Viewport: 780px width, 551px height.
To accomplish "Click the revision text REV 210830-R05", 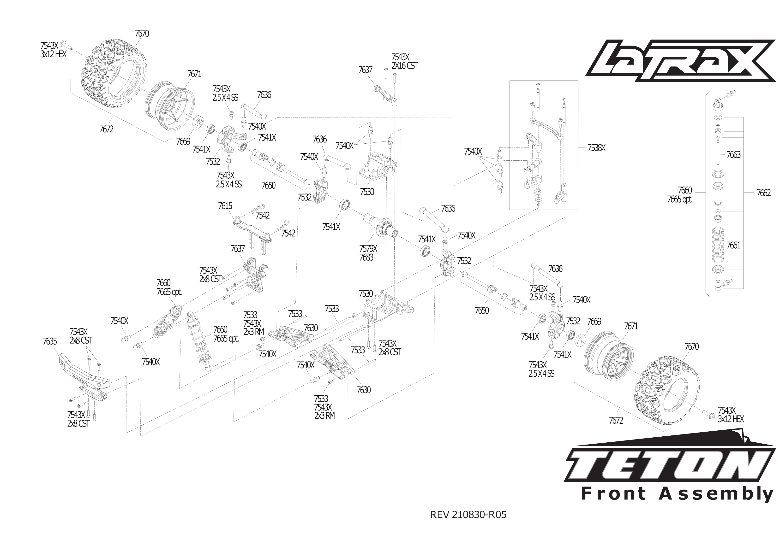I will point(468,515).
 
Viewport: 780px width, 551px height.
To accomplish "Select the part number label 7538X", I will point(596,148).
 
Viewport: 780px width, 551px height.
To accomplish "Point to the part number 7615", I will point(225,206).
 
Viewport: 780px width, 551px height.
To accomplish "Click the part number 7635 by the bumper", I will point(50,341).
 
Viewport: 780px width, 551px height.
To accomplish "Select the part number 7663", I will point(733,155).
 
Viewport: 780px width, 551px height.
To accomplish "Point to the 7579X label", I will point(368,248).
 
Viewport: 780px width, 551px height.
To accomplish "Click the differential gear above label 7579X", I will point(382,228).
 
